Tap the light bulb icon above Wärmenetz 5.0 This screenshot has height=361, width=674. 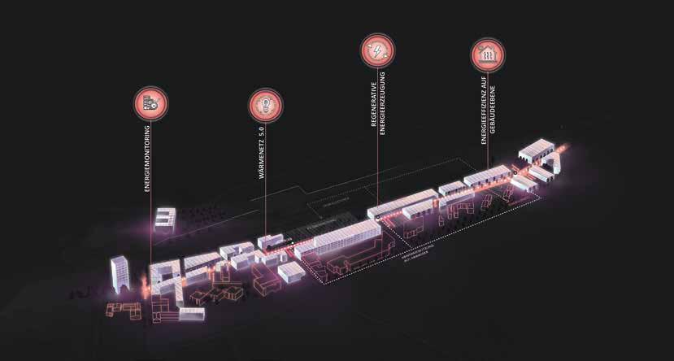coord(265,103)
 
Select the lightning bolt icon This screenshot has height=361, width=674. coord(377,52)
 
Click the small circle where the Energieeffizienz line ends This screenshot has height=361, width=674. coord(514,174)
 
